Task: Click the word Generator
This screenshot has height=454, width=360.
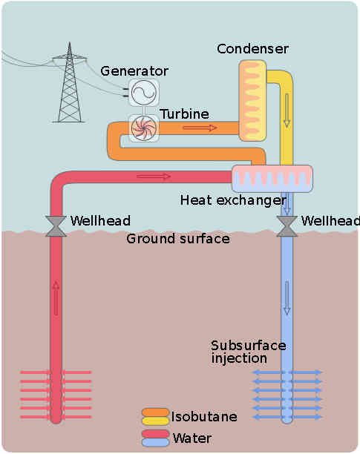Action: click(x=134, y=71)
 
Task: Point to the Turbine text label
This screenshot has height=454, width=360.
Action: click(x=184, y=113)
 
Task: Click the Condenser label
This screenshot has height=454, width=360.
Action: click(x=252, y=49)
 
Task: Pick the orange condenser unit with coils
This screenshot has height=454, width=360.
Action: click(x=252, y=101)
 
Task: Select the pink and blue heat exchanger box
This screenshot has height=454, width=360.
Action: click(x=272, y=179)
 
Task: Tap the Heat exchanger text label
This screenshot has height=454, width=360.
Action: click(x=232, y=200)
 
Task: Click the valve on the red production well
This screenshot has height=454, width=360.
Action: click(x=56, y=226)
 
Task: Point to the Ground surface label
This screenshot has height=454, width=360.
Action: click(x=177, y=239)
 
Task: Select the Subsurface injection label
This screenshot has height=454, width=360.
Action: click(x=248, y=352)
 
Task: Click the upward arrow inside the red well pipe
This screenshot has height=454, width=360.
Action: click(x=56, y=297)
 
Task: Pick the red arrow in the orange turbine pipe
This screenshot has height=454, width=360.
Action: click(x=200, y=128)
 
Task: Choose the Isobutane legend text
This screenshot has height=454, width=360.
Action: click(x=204, y=416)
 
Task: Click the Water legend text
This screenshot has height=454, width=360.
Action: click(x=192, y=438)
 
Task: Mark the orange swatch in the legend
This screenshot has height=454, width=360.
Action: click(x=156, y=412)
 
